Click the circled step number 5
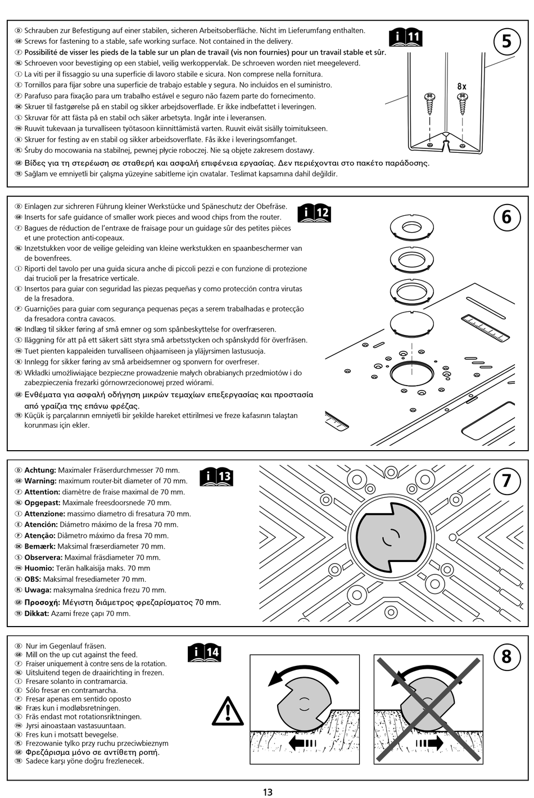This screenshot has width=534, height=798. click(506, 42)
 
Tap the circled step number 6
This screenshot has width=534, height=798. click(506, 217)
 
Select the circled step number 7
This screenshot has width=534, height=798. click(506, 481)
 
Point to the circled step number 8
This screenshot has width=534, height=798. click(506, 656)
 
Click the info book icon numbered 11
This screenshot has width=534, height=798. click(406, 38)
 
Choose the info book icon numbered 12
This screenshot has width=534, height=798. click(314, 213)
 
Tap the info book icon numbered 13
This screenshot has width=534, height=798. click(216, 477)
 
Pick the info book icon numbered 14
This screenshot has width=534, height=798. click(205, 652)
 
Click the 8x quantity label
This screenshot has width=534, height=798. click(461, 87)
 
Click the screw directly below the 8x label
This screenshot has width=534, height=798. click(463, 103)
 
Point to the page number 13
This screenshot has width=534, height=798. click(268, 792)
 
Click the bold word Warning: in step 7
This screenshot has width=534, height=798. click(40, 481)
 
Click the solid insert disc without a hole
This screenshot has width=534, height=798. click(412, 324)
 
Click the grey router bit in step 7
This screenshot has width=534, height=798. click(391, 537)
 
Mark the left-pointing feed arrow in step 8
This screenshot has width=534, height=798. click(302, 743)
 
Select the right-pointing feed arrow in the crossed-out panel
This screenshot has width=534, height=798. click(429, 743)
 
